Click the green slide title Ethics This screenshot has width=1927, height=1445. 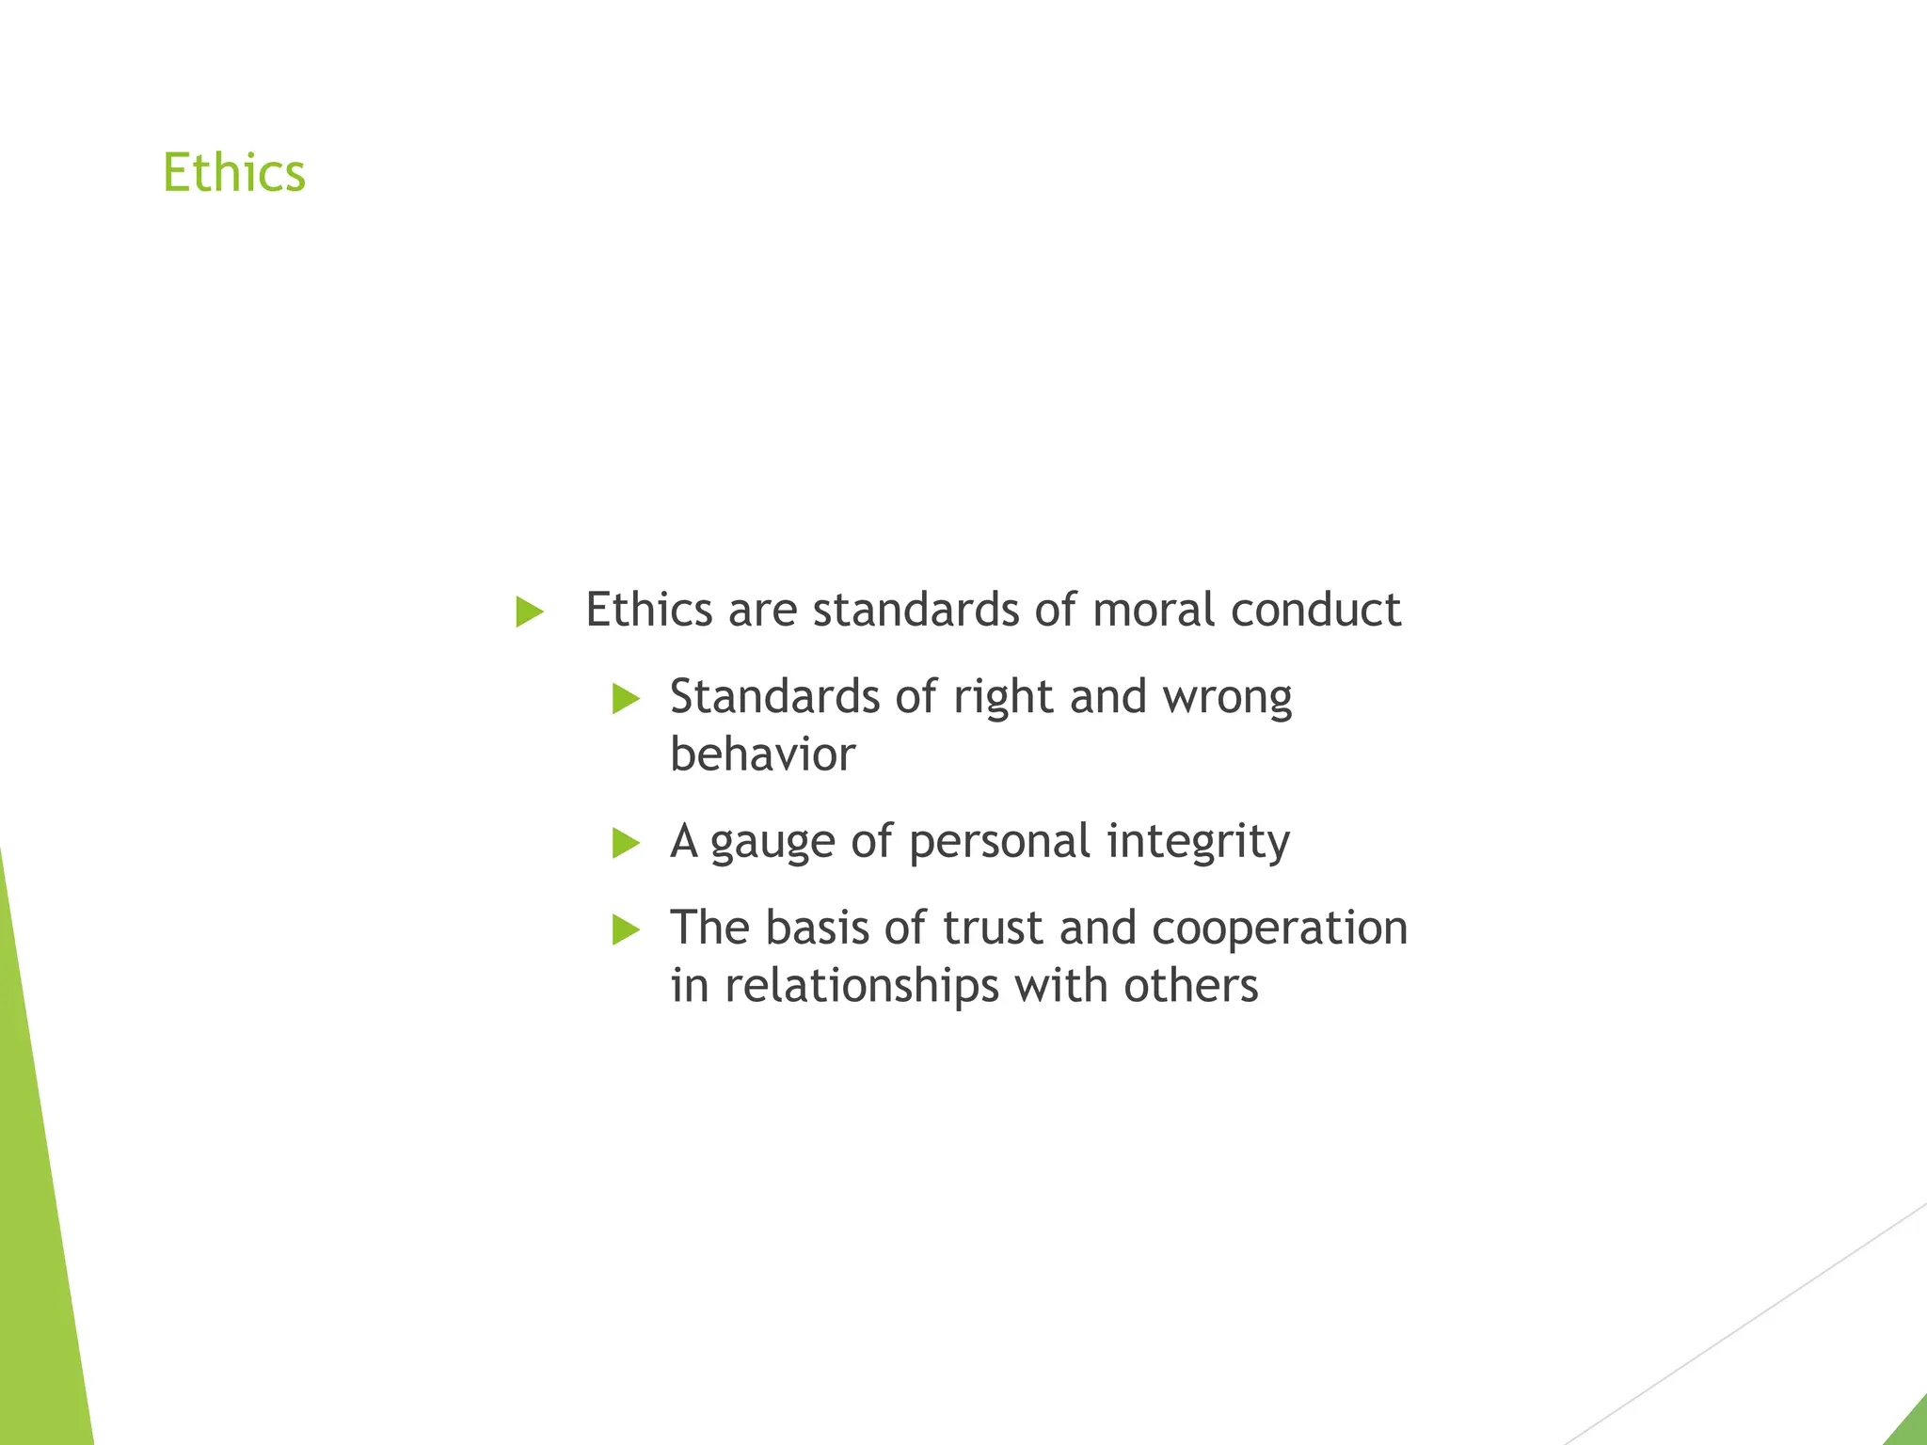(x=234, y=173)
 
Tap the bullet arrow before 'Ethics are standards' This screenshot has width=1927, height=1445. (x=530, y=612)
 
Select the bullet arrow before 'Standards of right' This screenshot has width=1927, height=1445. (x=626, y=699)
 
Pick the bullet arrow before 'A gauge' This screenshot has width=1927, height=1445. (x=626, y=843)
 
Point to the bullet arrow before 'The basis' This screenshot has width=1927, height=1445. (x=626, y=929)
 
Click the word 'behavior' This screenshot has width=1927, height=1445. (x=762, y=754)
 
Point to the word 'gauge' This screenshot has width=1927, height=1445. (x=772, y=843)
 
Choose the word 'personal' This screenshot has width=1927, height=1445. (x=999, y=843)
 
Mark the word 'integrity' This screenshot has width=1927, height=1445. (x=1198, y=843)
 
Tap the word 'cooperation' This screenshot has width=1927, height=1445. (x=1280, y=929)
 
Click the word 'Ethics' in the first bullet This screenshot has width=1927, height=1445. (x=648, y=610)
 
